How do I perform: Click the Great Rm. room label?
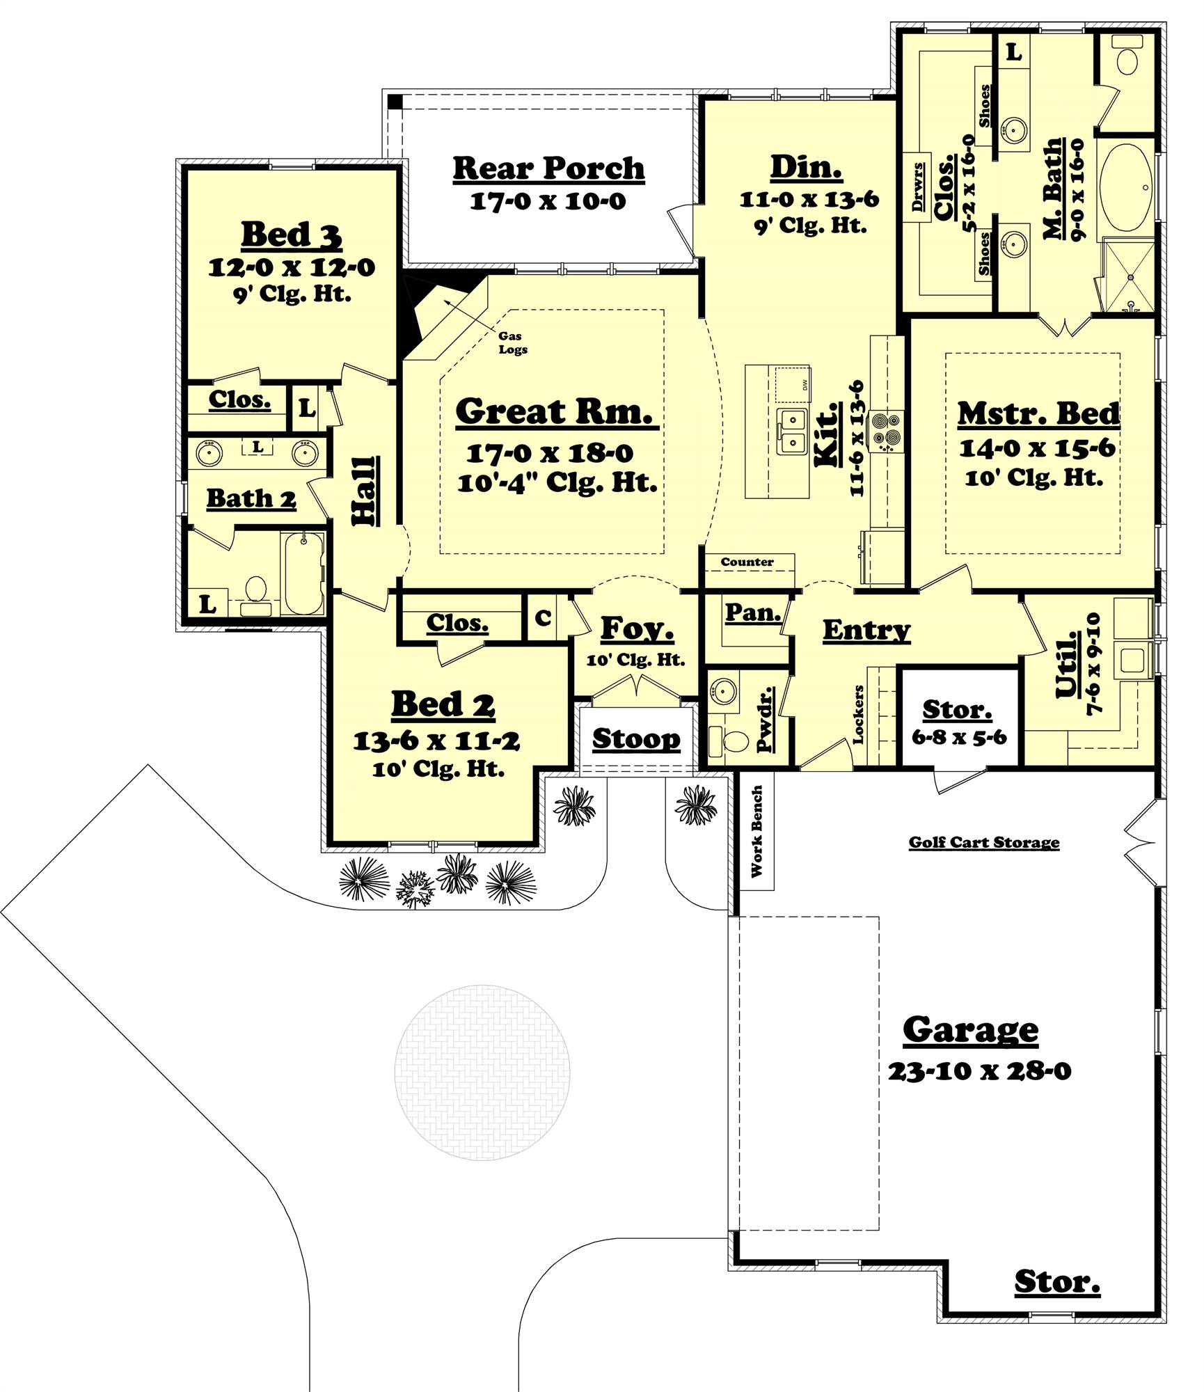(555, 411)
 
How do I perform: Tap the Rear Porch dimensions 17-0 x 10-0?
(548, 202)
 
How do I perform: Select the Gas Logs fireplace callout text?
(512, 343)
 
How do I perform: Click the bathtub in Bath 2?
(304, 573)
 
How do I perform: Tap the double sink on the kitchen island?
(792, 432)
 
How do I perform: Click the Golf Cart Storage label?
(983, 843)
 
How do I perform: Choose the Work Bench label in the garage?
(757, 831)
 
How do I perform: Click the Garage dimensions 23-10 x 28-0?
(979, 1071)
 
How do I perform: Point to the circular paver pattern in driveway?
(482, 1072)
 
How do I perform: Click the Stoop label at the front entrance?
(636, 739)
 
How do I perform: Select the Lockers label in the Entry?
(859, 715)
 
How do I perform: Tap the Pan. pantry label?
(753, 613)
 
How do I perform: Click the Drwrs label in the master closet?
(919, 187)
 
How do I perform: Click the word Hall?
(364, 491)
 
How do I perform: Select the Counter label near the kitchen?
(747, 562)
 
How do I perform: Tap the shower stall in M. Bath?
(1127, 276)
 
